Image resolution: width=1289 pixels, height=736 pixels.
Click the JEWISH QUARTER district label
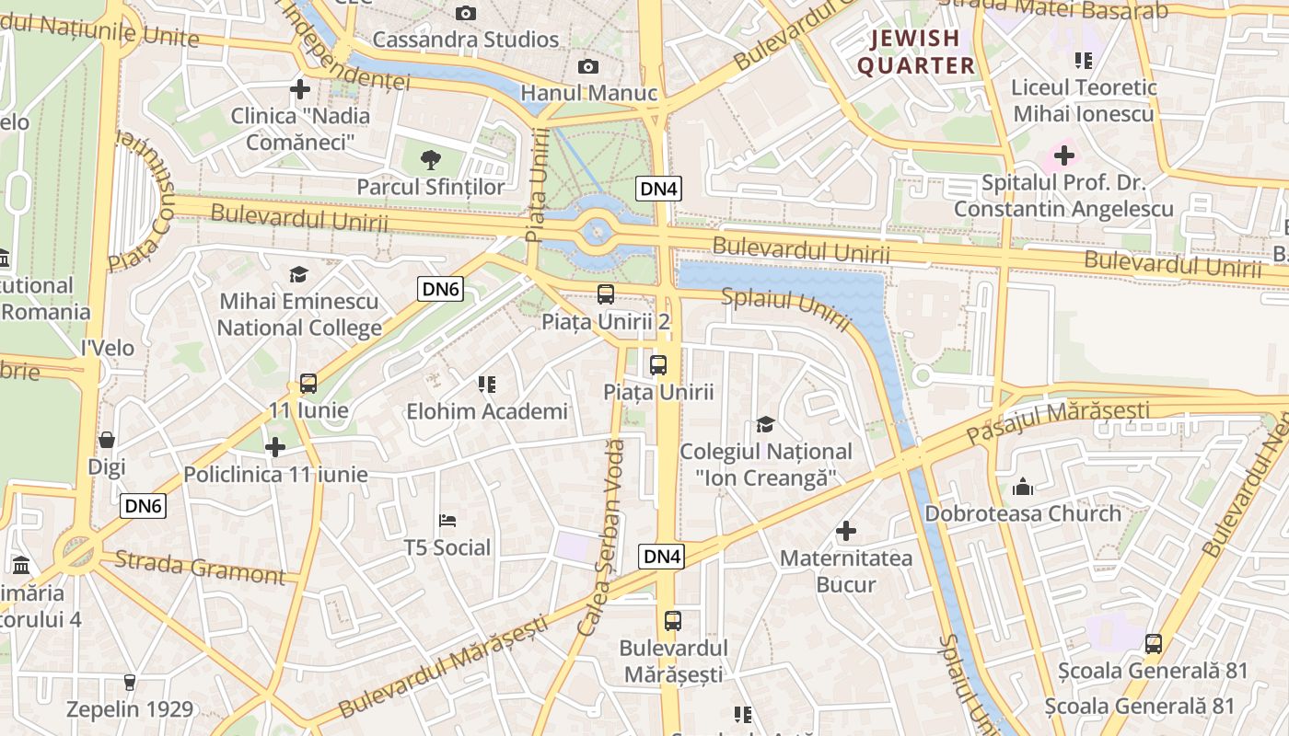[x=916, y=52]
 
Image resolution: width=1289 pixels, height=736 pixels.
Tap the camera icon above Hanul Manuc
[x=587, y=66]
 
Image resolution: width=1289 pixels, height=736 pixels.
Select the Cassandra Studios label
[x=466, y=40]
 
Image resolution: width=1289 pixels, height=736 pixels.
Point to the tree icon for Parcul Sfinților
[x=430, y=160]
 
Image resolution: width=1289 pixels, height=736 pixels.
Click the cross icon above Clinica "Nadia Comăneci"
[x=299, y=89]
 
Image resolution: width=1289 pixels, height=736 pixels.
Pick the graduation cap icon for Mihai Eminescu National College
[x=298, y=274]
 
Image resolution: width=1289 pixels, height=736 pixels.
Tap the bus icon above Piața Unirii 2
[x=605, y=294]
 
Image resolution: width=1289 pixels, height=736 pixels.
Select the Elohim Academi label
[x=487, y=411]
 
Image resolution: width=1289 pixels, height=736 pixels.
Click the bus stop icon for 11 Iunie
[x=308, y=384]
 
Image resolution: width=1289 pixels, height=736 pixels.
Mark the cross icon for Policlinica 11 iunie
[x=275, y=447]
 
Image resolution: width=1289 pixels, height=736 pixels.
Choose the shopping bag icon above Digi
[x=107, y=440]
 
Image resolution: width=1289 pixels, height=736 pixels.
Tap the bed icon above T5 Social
[x=448, y=521]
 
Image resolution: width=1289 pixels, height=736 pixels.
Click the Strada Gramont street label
[x=200, y=567]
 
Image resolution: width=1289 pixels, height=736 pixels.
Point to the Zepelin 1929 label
[x=130, y=709]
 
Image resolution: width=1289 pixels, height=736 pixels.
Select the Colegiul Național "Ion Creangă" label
[x=766, y=465]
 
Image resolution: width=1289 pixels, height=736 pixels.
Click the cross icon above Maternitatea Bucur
[x=846, y=531]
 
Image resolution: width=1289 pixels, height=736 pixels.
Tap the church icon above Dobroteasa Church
[x=1023, y=486]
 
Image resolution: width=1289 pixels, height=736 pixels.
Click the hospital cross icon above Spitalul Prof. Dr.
[x=1064, y=155]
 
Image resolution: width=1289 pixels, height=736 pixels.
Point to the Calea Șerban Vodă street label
[x=602, y=538]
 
